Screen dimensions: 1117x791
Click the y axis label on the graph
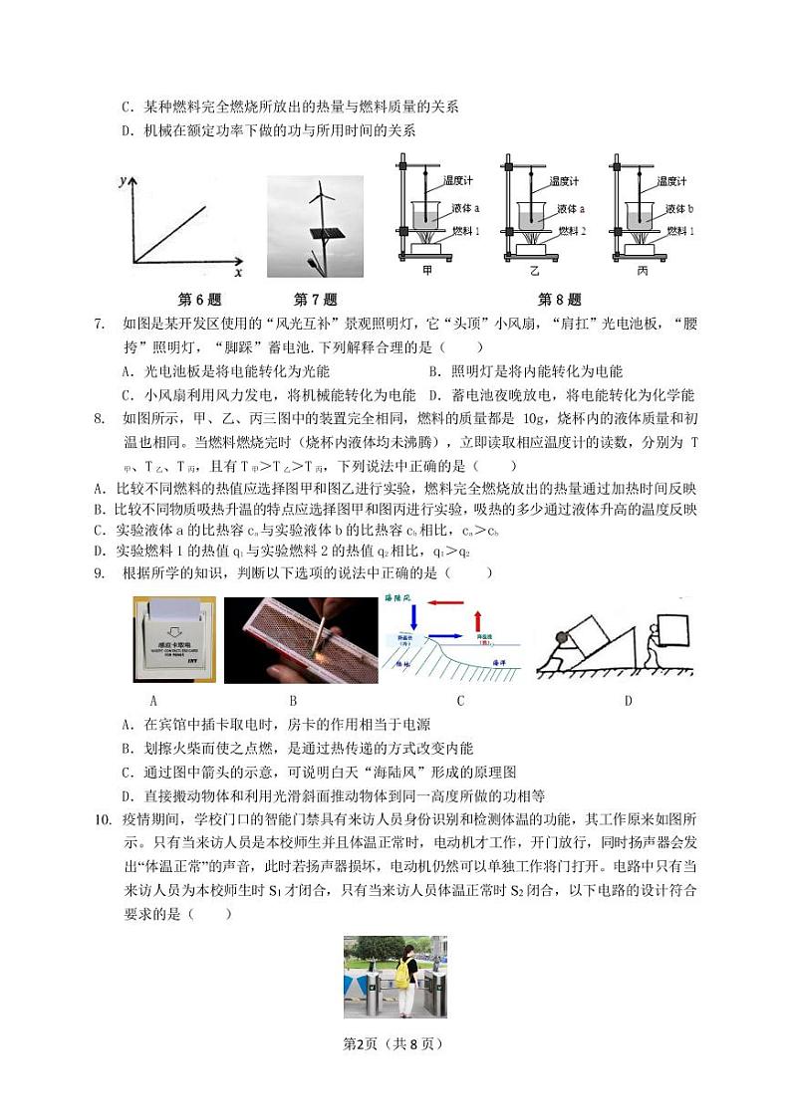tap(121, 180)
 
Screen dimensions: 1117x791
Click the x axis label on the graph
tap(238, 272)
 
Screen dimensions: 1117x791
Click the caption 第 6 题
tap(198, 300)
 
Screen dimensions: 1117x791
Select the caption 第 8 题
tap(559, 300)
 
